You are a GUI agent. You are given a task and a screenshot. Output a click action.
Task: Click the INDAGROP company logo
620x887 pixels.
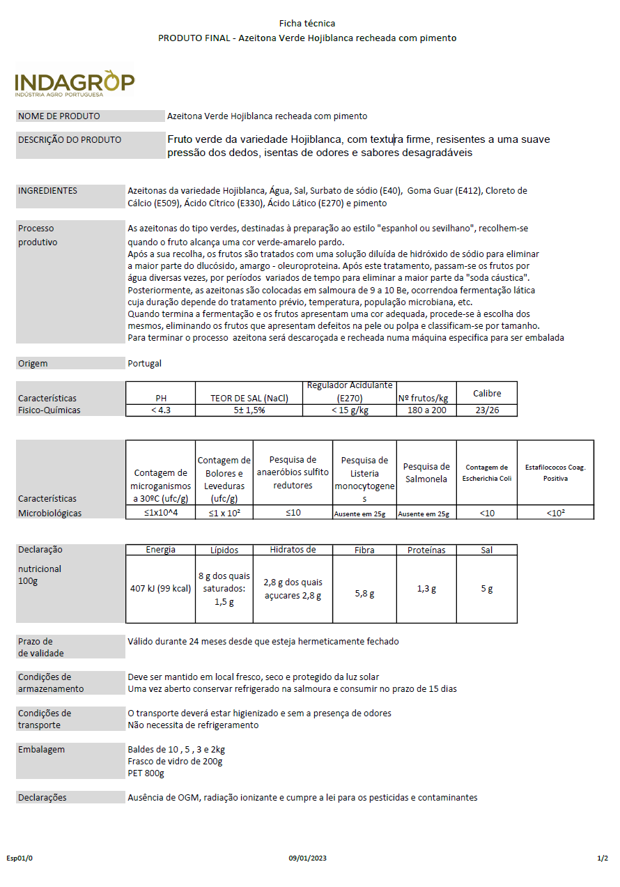[75, 82]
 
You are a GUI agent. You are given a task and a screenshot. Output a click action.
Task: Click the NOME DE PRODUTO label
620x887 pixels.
[59, 116]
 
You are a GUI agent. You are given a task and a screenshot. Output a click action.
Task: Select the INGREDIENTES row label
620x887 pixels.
[48, 191]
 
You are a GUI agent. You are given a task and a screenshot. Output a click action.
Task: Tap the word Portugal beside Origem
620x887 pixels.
[145, 364]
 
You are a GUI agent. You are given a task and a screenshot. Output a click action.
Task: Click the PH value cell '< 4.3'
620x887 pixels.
[161, 410]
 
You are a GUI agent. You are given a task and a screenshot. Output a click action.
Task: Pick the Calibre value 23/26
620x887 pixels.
[486, 410]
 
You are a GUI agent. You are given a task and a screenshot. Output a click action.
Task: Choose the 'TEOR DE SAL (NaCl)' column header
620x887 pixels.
[249, 399]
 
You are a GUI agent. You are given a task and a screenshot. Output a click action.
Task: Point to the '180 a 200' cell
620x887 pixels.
[426, 410]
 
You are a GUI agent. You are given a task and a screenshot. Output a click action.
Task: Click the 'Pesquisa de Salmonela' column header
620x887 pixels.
[426, 472]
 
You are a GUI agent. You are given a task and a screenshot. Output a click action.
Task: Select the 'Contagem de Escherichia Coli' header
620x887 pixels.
[487, 472]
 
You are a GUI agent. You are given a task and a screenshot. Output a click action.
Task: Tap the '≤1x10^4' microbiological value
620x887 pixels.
[161, 514]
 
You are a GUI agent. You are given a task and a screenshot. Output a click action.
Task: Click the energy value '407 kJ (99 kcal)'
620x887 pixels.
[161, 589]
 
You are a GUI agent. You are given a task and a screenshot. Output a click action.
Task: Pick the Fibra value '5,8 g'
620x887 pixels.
[364, 594]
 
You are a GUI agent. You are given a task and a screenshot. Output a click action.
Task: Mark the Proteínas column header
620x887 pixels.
[426, 550]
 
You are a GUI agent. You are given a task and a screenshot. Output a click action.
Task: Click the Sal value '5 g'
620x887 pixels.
[487, 589]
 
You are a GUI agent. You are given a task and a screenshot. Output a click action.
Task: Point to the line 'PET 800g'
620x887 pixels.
[146, 773]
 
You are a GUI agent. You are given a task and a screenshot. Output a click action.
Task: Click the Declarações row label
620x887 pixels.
[42, 798]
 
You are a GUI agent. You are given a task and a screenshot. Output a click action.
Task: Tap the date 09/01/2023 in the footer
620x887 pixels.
[307, 858]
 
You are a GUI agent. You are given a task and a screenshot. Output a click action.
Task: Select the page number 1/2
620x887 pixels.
[603, 858]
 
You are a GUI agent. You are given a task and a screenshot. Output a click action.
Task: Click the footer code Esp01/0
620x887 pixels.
[20, 858]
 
